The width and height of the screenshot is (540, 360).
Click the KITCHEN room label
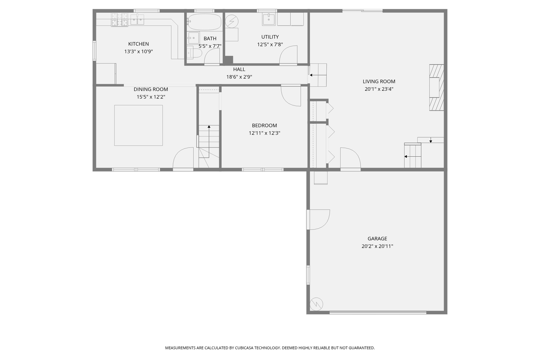138,44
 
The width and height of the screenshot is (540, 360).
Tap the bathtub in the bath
204,22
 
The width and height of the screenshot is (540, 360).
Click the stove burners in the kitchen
120,19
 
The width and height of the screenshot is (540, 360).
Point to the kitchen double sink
137,20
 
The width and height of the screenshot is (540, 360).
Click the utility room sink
268,19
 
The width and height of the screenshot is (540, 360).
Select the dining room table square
138,125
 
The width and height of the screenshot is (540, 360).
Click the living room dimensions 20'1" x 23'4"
379,89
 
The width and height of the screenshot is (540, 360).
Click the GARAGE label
377,239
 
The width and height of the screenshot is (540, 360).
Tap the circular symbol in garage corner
316,303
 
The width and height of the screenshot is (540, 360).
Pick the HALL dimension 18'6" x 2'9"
239,77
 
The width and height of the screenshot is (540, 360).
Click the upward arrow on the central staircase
209,127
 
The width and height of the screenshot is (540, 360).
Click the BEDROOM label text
264,126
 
